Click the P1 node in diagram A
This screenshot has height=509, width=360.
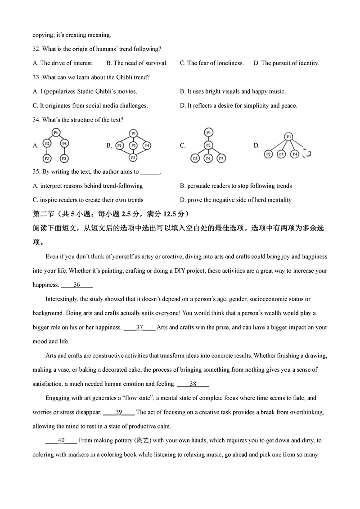pos(56,132)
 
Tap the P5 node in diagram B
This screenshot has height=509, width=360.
pos(133,158)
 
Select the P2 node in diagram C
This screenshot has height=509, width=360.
pos(208,145)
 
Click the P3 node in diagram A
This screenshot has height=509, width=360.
pos(47,158)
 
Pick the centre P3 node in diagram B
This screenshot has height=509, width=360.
pos(133,145)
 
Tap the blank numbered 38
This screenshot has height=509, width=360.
pos(193,384)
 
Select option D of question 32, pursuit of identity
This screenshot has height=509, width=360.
pos(286,63)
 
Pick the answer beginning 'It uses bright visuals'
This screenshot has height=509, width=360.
pos(233,91)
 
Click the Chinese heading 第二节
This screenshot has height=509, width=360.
pos(43,213)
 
